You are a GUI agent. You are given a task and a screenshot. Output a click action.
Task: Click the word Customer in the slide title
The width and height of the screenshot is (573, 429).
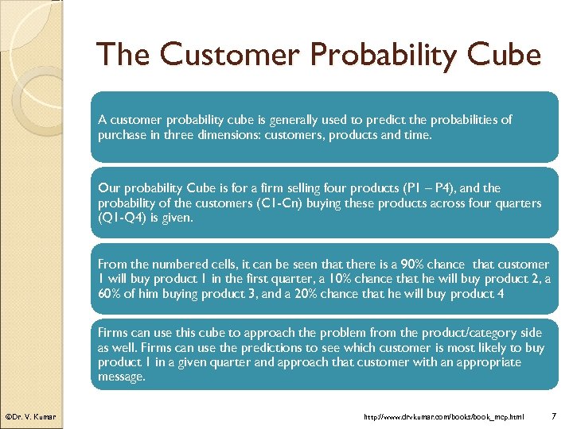[x=228, y=55]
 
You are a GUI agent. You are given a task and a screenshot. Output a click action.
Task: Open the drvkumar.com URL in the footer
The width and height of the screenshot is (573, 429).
[x=444, y=416]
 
